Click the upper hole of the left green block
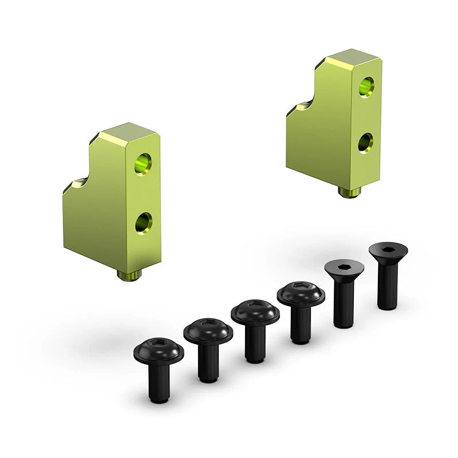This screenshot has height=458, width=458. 143,164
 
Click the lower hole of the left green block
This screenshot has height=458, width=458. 144,223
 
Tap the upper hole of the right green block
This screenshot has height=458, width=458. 366,86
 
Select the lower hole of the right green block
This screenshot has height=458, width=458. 365,142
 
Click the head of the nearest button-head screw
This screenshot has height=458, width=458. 159,350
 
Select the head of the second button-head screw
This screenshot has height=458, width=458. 208,331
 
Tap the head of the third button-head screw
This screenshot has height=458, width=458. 255,311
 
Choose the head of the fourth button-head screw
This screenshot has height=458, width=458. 301,294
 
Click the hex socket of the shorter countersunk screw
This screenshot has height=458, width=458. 343,267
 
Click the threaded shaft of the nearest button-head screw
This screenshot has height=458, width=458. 159,384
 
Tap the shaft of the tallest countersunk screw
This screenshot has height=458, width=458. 388,286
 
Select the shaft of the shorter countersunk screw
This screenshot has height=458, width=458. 343,303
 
